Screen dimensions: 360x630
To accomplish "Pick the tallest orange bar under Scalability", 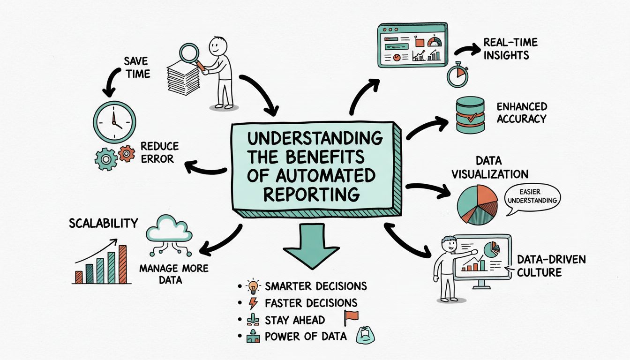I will click(123, 264).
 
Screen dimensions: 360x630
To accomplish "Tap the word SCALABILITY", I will click(104, 223).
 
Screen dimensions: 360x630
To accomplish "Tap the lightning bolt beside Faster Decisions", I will click(253, 303).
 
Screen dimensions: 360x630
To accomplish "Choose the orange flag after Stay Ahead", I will click(350, 317).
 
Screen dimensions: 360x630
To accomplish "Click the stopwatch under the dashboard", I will click(457, 74).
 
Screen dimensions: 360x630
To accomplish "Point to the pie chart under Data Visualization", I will click(477, 204).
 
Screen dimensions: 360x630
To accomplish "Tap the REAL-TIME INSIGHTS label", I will click(510, 49).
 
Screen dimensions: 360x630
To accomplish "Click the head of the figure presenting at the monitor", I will click(449, 244).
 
